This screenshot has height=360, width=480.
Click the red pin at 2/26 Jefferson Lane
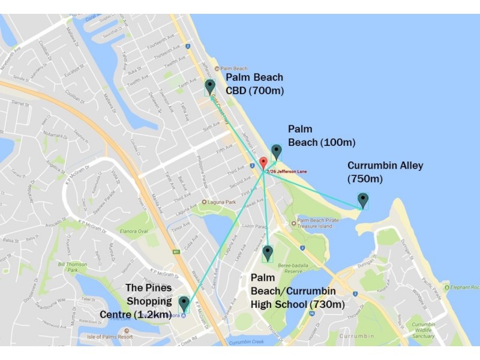(263, 163)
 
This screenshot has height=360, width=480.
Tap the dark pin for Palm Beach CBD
(209, 87)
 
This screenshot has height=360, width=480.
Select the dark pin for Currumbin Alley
(362, 200)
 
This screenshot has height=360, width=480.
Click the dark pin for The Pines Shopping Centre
(184, 304)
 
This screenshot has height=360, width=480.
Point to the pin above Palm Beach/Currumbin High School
(268, 253)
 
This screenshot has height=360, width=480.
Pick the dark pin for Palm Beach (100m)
(276, 151)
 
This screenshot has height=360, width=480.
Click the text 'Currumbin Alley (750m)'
(385, 172)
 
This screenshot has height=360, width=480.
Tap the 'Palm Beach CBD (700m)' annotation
(254, 84)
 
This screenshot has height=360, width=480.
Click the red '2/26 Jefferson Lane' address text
(287, 172)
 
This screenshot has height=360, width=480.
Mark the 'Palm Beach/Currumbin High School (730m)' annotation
(297, 291)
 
